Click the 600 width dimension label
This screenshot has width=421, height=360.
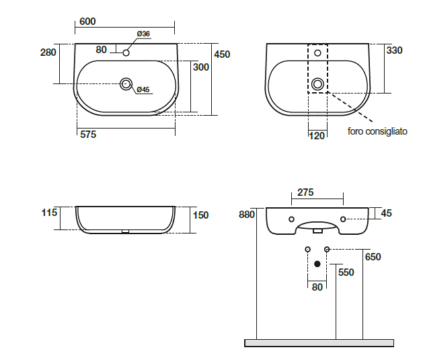click(x=87, y=22)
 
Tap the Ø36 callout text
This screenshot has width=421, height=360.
click(x=143, y=34)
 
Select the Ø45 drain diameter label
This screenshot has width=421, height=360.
click(x=143, y=89)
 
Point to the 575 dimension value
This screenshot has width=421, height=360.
click(x=88, y=135)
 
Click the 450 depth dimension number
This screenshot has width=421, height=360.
click(x=222, y=55)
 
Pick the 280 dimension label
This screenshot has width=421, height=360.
click(x=48, y=52)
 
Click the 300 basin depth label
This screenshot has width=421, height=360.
click(x=201, y=67)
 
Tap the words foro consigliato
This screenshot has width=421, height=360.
click(x=377, y=131)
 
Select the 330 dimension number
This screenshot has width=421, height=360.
click(x=394, y=50)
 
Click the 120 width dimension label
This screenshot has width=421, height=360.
click(x=317, y=136)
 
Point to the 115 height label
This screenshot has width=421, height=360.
click(x=49, y=213)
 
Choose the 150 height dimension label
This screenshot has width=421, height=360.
click(x=200, y=215)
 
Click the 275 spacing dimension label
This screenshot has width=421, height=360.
click(x=305, y=192)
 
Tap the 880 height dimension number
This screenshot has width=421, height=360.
click(x=246, y=215)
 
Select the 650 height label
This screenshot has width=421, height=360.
click(x=373, y=257)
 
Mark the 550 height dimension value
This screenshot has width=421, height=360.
click(x=346, y=273)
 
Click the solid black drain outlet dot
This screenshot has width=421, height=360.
click(x=317, y=264)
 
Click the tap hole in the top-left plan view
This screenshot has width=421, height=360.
click(x=126, y=53)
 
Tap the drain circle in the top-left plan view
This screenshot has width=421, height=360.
click(x=126, y=84)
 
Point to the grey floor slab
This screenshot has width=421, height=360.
click(x=319, y=343)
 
